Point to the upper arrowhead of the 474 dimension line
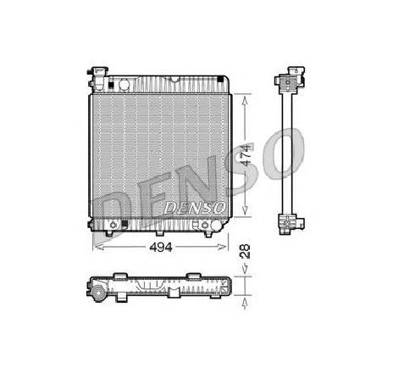(x=245, y=96)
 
